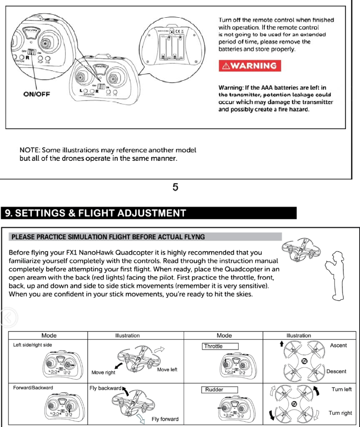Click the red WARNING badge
point(249,66)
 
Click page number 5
point(175,187)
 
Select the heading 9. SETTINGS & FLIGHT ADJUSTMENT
point(96,213)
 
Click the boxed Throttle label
point(221,346)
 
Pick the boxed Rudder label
point(221,389)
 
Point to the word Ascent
point(338,346)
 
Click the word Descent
point(336,372)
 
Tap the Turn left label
point(341,389)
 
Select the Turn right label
point(340,413)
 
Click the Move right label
point(104,372)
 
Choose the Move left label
point(167,369)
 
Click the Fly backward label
point(106,388)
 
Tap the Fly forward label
point(165,419)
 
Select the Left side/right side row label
point(32,345)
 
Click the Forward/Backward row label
point(33,388)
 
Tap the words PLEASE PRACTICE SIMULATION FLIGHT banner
point(108,237)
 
